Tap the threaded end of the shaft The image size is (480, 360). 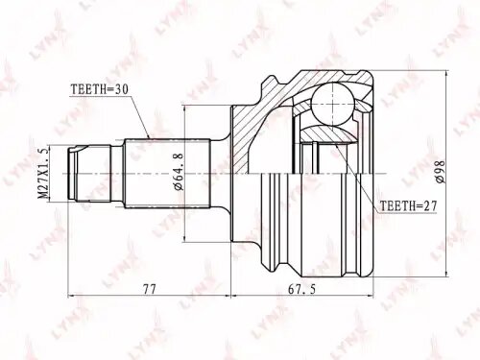pyautogui.click(x=82, y=174)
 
